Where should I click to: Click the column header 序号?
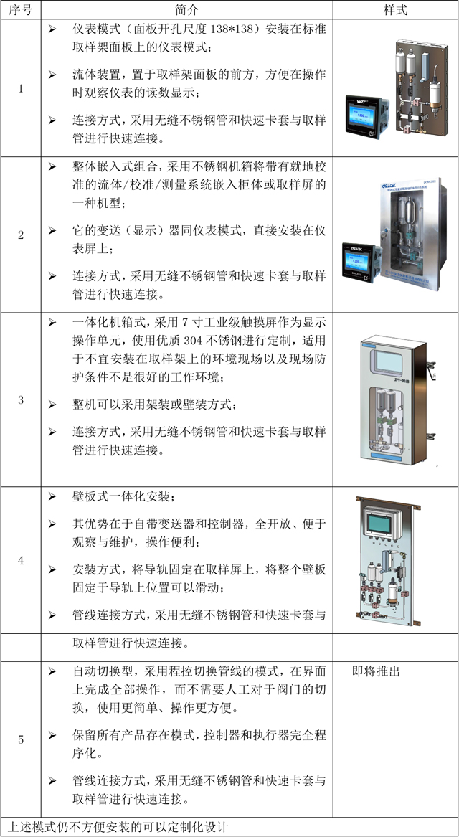(x=20, y=9)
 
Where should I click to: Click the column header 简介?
(x=186, y=9)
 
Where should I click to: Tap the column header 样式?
(x=395, y=9)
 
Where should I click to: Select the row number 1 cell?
(x=21, y=89)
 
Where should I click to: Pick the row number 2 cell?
(x=21, y=235)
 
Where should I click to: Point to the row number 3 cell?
(x=21, y=399)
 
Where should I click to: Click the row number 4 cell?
(x=21, y=560)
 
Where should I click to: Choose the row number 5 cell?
(x=21, y=739)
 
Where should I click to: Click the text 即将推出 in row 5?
(x=377, y=671)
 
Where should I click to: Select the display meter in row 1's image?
(x=368, y=116)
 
